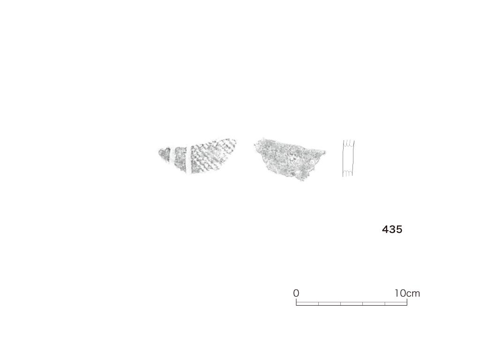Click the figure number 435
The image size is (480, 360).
(392, 229)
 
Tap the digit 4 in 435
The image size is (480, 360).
(385, 229)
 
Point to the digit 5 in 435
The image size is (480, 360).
(399, 229)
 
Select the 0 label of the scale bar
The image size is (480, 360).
(296, 293)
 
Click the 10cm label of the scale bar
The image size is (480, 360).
(407, 293)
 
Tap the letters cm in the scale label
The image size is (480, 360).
(413, 294)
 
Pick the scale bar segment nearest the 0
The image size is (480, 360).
(307, 304)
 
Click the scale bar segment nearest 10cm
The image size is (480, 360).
(396, 304)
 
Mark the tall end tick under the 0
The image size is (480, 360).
(296, 302)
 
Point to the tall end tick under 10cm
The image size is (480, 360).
(407, 302)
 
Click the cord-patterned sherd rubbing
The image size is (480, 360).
(197, 156)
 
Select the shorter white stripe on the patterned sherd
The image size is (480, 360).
(172, 156)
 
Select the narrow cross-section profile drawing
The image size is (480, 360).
(348, 158)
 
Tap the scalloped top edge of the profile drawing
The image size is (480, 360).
(349, 142)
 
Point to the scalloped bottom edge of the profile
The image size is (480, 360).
(347, 173)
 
